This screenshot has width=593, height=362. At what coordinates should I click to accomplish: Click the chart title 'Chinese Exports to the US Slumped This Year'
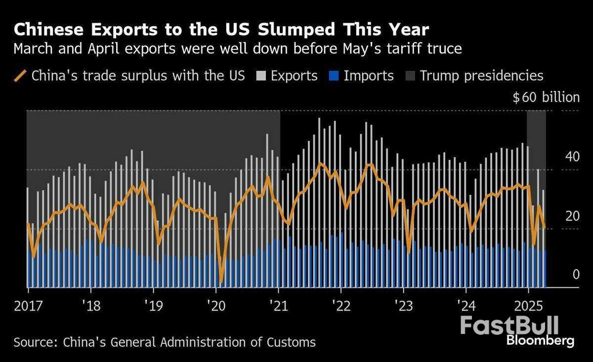tap(221, 30)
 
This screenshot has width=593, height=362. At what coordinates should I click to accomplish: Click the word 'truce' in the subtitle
tap(448, 49)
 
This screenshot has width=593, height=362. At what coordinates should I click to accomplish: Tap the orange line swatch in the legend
tap(20, 76)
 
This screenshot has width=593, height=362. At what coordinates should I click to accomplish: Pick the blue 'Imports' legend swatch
tap(333, 76)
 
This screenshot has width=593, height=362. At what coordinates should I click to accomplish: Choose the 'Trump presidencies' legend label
tap(481, 76)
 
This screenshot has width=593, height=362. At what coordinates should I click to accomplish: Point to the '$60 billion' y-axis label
tap(546, 97)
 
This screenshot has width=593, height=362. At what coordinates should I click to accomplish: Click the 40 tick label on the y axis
tap(572, 157)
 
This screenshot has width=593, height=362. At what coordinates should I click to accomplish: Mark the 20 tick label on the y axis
tap(572, 216)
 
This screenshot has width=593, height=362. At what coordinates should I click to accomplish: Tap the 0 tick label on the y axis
tap(575, 274)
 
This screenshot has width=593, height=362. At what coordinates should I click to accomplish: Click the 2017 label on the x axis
tap(29, 305)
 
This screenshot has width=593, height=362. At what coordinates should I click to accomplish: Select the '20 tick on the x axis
tap(215, 305)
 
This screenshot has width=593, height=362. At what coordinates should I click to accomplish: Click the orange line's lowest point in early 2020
tap(221, 282)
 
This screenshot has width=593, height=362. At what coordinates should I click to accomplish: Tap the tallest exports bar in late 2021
tap(319, 119)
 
